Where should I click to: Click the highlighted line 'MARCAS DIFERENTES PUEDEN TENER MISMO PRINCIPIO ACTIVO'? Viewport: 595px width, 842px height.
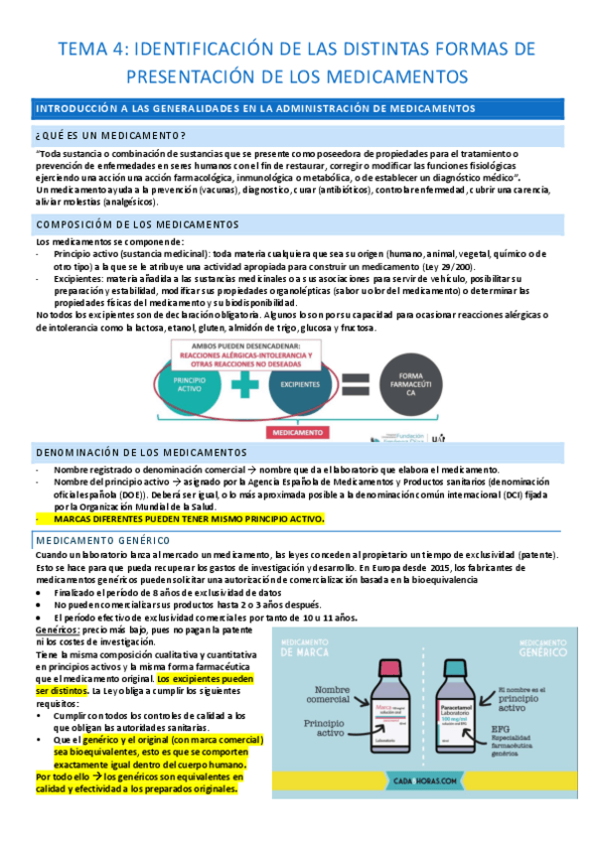click(189, 518)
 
